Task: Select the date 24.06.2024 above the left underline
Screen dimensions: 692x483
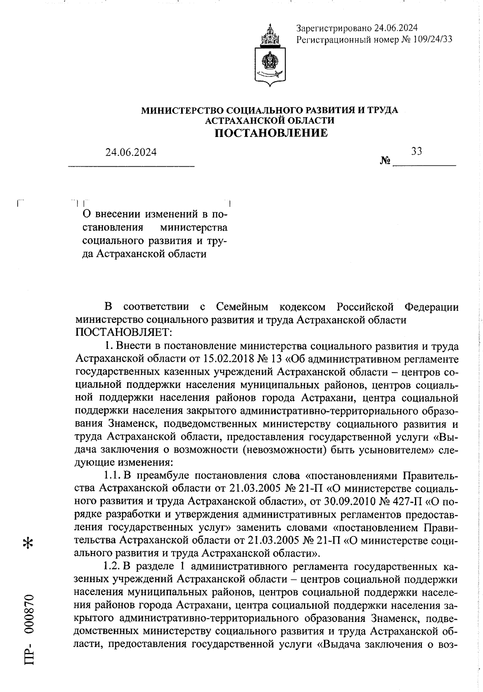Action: tap(131, 152)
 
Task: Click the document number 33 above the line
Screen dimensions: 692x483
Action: tap(417, 151)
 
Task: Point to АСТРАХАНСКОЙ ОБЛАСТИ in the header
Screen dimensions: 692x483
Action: tap(270, 120)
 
